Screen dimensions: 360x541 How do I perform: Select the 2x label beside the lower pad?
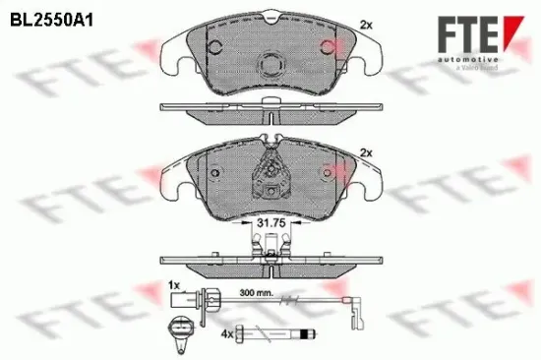[367, 152]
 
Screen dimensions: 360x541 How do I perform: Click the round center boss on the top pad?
[270, 65]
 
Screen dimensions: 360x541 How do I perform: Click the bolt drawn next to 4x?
[280, 333]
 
